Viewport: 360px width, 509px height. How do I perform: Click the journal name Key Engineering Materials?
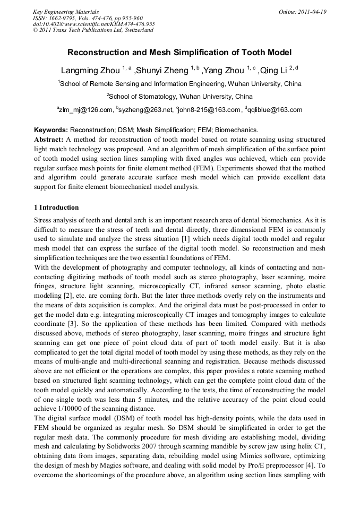pyautogui.click(x=66, y=11)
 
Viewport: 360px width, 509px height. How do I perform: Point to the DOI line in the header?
pyautogui.click(x=93, y=24)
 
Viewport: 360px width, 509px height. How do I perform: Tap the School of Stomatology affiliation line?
pyautogui.click(x=179, y=97)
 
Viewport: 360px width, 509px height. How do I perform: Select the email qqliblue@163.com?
pyautogui.click(x=273, y=110)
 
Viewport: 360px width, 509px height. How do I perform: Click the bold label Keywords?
pyautogui.click(x=51, y=130)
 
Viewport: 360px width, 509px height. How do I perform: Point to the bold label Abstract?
pyautogui.click(x=49, y=139)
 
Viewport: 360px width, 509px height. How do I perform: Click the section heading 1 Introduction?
pyautogui.click(x=56, y=208)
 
